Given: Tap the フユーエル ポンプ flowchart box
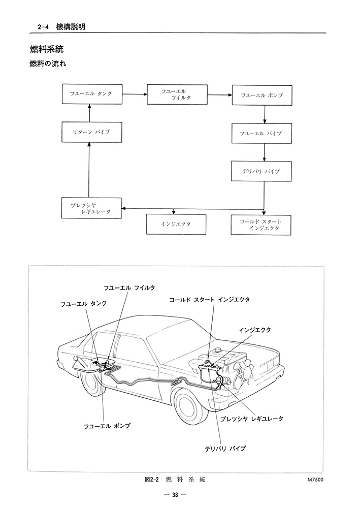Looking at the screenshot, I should [x=261, y=95].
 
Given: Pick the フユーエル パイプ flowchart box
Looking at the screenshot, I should [x=261, y=133].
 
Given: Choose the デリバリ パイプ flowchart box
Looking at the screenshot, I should [x=261, y=172].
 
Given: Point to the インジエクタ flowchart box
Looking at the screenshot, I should [x=176, y=224].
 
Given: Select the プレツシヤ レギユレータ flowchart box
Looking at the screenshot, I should [x=91, y=208].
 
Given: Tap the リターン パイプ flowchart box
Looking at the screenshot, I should [x=91, y=132].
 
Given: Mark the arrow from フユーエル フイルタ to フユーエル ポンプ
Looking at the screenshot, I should [x=218, y=94].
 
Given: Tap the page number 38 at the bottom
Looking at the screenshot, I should [x=175, y=495].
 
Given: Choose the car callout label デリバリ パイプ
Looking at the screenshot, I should [x=225, y=449].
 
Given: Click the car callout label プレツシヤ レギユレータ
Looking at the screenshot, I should [x=252, y=419].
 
